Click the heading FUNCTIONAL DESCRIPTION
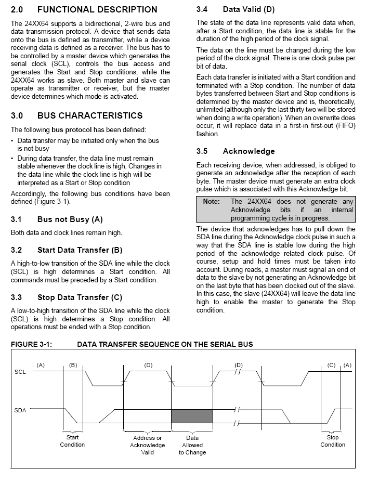click(x=97, y=9)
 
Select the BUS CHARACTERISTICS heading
click(x=90, y=115)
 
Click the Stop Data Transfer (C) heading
click(x=80, y=297)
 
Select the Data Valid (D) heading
click(x=249, y=9)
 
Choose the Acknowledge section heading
click(x=249, y=151)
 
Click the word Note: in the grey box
click(x=212, y=201)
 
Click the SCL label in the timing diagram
click(x=20, y=372)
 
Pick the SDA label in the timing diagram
click(x=20, y=411)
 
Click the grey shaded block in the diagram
click(x=192, y=416)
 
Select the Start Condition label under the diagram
click(x=72, y=441)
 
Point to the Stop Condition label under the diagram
click(x=333, y=441)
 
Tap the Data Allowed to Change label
click(x=192, y=445)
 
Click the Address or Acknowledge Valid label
click(x=148, y=445)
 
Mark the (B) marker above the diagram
click(x=73, y=365)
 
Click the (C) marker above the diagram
click(x=332, y=365)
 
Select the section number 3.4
click(x=202, y=9)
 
